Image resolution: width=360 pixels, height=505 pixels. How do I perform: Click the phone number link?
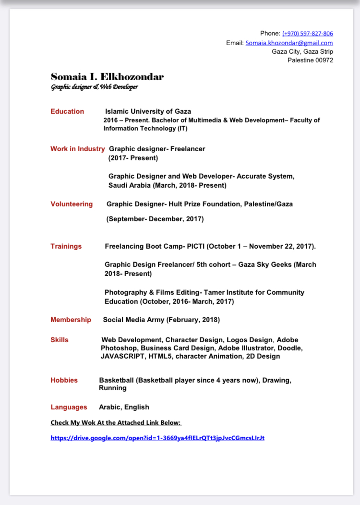(x=307, y=34)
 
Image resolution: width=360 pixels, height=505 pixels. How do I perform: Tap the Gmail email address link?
(x=289, y=43)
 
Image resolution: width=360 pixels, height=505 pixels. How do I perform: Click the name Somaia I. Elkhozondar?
(x=107, y=77)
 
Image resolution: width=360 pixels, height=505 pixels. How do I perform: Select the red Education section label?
(x=67, y=111)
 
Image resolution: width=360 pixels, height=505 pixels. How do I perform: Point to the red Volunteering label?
(x=72, y=204)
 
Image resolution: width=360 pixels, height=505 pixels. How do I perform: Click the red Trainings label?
(x=66, y=246)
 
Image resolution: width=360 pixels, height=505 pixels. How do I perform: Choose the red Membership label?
(x=71, y=320)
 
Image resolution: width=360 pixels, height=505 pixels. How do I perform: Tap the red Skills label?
(x=60, y=340)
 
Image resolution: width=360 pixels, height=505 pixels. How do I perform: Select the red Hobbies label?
(x=64, y=380)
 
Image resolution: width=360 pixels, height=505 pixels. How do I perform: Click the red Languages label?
(x=69, y=407)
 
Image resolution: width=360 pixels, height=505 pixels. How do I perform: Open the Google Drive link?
(x=157, y=438)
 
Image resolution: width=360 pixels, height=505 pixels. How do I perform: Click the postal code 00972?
(x=323, y=60)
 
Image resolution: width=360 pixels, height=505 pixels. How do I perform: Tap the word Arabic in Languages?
(x=110, y=407)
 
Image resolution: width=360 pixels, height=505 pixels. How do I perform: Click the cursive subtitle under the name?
(x=95, y=87)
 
